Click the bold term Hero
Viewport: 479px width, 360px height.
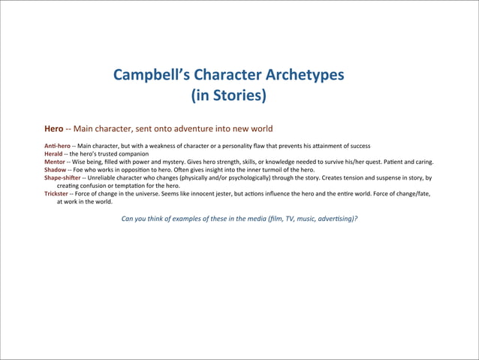pos(53,129)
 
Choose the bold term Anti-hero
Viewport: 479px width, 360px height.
pos(58,145)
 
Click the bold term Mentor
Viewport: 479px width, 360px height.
pos(55,162)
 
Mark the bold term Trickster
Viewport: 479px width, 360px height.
pos(58,193)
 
